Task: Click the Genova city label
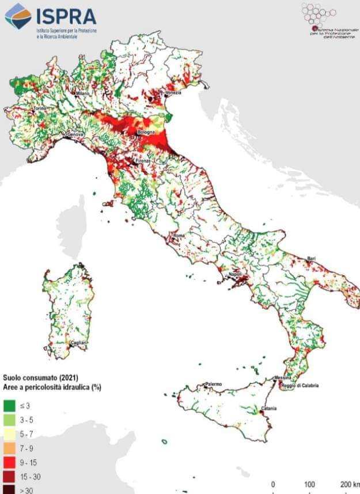point(76,134)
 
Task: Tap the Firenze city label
point(142,161)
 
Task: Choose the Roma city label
point(179,236)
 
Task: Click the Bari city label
point(312,258)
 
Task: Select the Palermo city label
point(215,384)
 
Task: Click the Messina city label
point(283,378)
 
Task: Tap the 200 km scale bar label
point(349,483)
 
